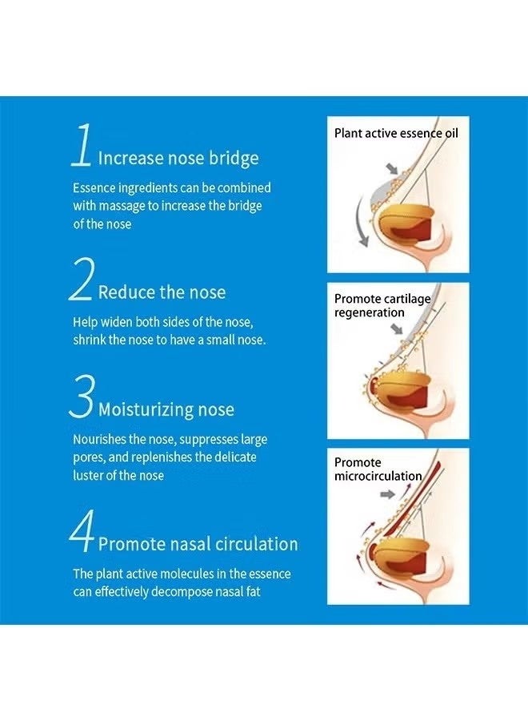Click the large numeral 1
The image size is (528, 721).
(82, 145)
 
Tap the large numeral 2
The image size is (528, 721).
(82, 279)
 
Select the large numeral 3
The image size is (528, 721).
(82, 397)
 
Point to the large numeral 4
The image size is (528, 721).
(82, 530)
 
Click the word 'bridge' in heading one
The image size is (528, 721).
(234, 159)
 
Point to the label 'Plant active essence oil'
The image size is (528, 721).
(396, 133)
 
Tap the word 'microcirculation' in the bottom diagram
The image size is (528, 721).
(378, 476)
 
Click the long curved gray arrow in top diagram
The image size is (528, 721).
(361, 222)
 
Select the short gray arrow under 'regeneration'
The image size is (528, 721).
(396, 328)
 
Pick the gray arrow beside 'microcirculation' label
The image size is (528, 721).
(387, 494)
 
